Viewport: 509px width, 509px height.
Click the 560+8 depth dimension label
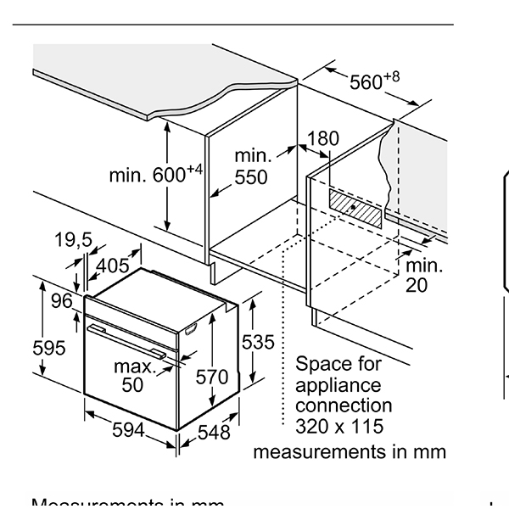(x=373, y=81)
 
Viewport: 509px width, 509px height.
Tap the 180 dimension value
(x=322, y=138)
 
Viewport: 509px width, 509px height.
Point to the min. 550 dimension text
(x=252, y=166)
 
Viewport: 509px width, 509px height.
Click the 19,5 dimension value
(x=74, y=240)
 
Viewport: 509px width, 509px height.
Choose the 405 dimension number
(x=112, y=266)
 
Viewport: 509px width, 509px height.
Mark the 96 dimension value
(x=61, y=301)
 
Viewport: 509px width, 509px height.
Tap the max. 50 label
(x=135, y=375)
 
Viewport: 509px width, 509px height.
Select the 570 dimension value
(x=212, y=377)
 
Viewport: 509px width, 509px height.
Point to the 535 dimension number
(x=258, y=342)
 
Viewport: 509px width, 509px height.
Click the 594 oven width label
(x=129, y=430)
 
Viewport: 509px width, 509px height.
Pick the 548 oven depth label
(x=213, y=432)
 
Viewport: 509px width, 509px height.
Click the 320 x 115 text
(x=339, y=426)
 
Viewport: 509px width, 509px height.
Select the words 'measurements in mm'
(x=349, y=451)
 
